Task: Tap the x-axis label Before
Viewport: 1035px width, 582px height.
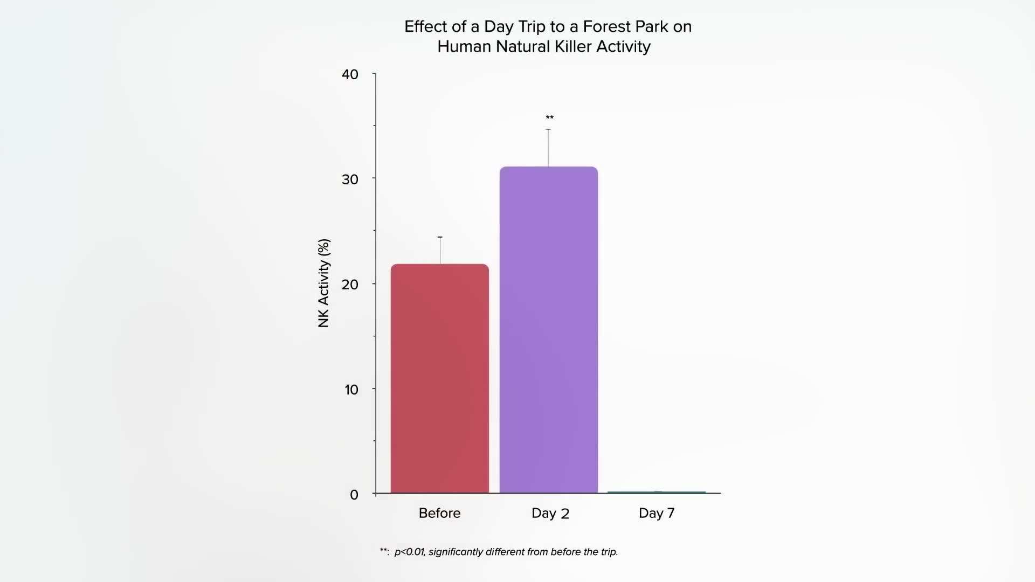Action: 439,513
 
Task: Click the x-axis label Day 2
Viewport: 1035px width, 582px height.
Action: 550,513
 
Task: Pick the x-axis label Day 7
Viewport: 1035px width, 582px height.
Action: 656,513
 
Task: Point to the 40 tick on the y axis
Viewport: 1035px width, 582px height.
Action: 350,74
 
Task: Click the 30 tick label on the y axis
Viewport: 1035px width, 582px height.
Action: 350,179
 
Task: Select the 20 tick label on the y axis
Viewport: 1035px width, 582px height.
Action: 350,285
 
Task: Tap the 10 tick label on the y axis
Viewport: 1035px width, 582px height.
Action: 351,390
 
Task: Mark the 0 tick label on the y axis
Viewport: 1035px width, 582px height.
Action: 354,495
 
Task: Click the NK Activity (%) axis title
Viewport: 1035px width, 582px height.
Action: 323,283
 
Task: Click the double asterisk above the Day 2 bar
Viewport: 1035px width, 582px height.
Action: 549,117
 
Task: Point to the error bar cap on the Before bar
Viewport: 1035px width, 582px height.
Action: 440,237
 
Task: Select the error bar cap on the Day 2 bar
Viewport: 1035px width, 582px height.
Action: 548,129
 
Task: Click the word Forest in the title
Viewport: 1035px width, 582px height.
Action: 607,26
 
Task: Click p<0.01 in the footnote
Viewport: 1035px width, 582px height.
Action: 409,552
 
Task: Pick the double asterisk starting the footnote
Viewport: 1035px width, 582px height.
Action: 384,551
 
